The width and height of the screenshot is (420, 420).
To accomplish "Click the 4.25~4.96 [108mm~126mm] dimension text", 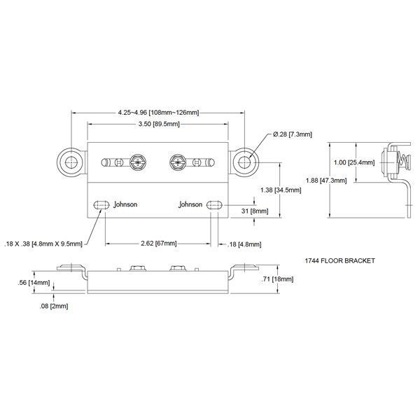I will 158,111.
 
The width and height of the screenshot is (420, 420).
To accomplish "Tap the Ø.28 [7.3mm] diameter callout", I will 293,134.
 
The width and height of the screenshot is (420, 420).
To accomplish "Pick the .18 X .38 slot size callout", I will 43,244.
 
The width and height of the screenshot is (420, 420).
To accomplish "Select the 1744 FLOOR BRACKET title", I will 340,260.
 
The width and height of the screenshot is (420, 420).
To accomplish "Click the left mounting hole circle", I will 71,162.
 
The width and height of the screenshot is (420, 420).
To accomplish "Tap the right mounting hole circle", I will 244,162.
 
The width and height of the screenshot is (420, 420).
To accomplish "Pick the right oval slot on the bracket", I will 214,204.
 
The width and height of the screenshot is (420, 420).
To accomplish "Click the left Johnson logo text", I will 125,204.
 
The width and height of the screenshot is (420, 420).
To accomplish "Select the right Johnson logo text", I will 190,204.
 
